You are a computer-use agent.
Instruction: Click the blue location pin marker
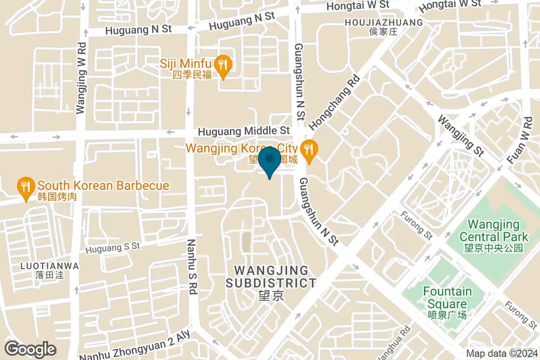tap(270, 162)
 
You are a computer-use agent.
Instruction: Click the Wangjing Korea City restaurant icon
tap(309, 148)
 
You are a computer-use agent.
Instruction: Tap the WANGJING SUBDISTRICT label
tap(271, 277)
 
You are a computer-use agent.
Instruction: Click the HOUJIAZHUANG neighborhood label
tap(383, 22)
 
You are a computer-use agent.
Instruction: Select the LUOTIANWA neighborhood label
tap(49, 266)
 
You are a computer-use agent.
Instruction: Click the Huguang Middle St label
tap(244, 131)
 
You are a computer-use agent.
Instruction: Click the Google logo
tap(30, 349)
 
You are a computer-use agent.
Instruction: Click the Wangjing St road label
tap(460, 136)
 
